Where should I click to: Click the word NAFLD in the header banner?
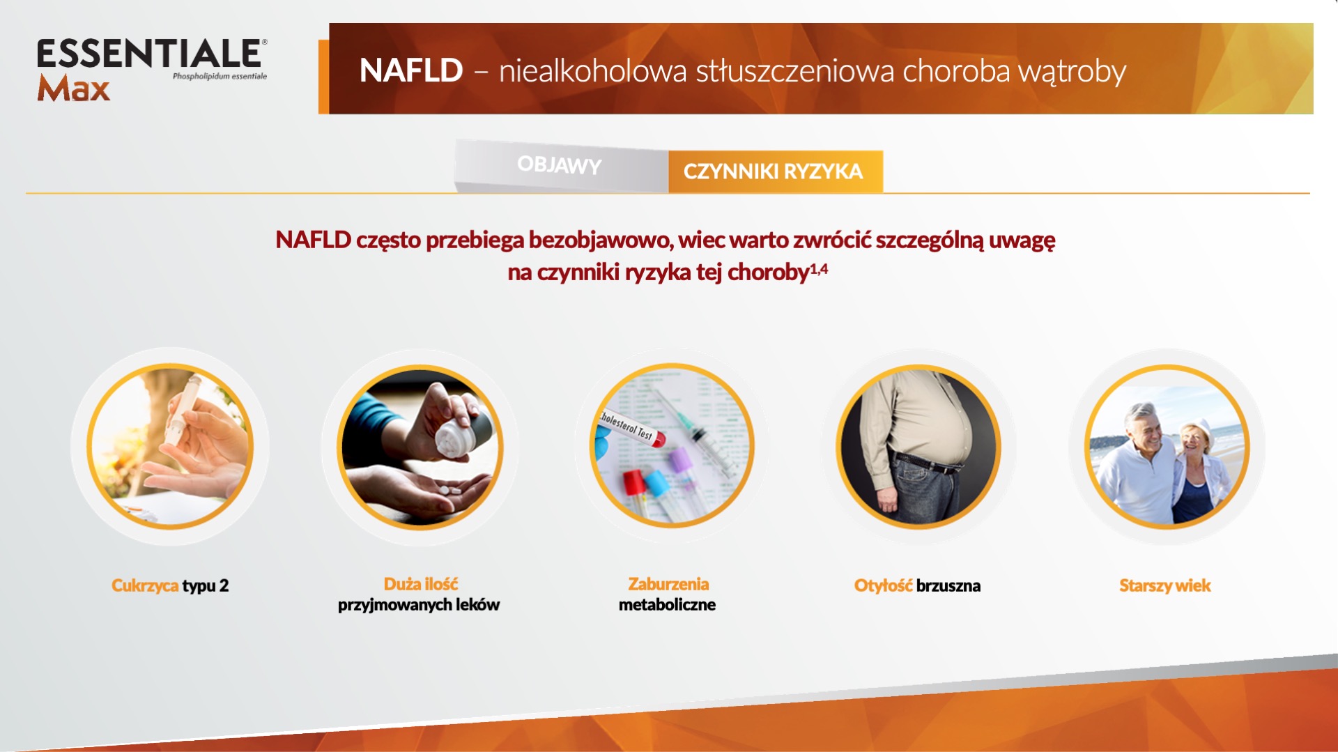coord(411,70)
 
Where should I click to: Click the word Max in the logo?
coord(74,88)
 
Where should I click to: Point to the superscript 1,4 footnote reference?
coord(819,269)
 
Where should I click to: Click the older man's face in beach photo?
coord(1143,424)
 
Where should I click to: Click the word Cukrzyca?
coord(145,585)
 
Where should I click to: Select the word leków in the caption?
coord(477,604)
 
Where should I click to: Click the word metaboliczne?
coord(667,604)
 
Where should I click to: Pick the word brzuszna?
coord(948,585)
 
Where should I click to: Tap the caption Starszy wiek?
coord(1165,585)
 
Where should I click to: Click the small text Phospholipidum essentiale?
coord(220,76)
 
